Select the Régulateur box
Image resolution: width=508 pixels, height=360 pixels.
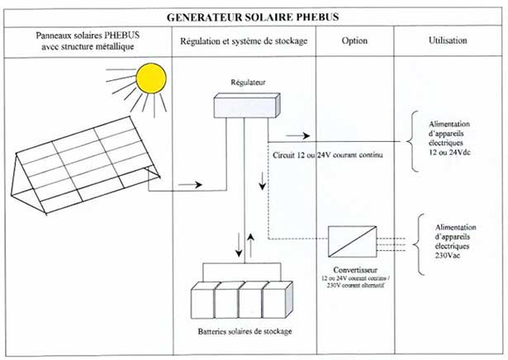coord(245,107)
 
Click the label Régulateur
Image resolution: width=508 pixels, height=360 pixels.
coord(245,83)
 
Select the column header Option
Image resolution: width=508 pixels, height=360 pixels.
coord(355,40)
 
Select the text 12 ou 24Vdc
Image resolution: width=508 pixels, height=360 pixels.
coord(451,153)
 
